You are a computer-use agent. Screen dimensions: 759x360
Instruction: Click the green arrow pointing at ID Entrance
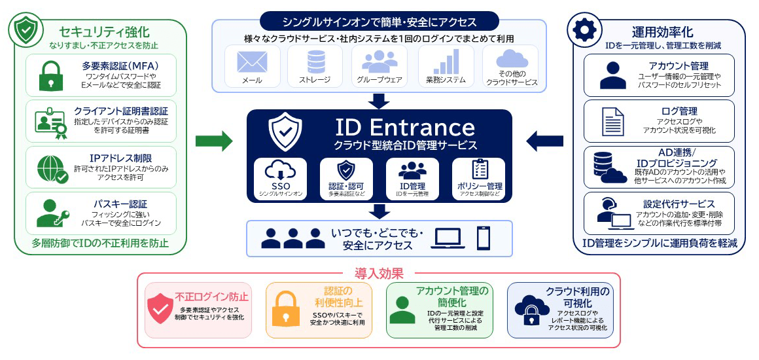point(214,141)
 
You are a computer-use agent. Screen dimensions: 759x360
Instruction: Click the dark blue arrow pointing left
point(544,141)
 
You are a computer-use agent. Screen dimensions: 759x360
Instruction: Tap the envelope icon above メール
point(252,62)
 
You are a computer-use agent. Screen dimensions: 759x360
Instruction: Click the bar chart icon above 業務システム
point(446,61)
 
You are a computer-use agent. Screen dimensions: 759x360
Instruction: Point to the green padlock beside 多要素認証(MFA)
point(51,75)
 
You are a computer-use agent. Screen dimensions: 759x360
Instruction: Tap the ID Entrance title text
point(404,127)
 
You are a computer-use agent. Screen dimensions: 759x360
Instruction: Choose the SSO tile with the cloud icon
point(280,179)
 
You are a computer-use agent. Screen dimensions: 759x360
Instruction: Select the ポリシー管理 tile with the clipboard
point(479,179)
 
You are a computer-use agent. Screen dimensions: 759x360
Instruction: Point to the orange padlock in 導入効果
point(284,308)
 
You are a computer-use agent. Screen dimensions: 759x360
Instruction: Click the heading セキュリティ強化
point(104,33)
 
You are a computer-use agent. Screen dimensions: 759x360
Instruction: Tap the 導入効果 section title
point(379,274)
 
